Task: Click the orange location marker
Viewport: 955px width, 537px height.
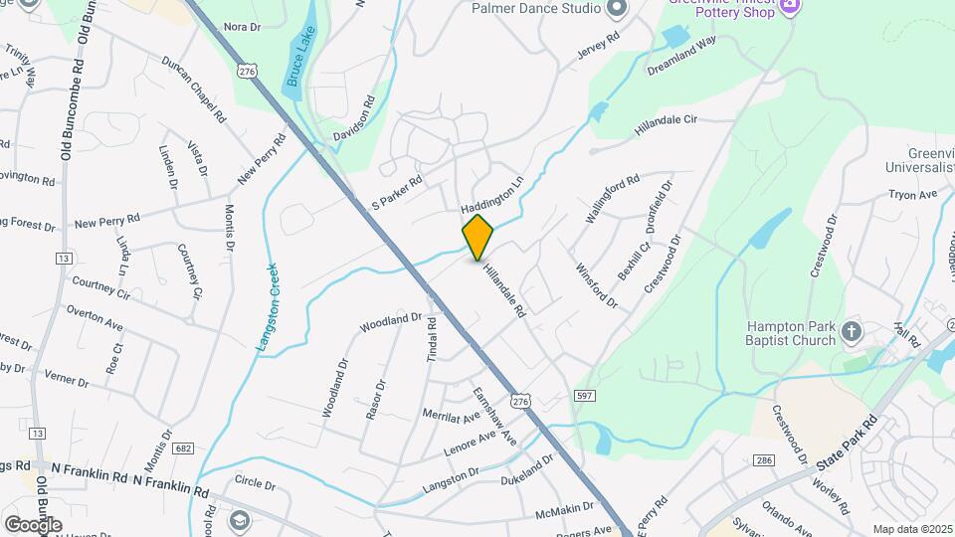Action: [477, 237]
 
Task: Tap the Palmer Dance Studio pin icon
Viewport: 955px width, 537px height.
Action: [617, 9]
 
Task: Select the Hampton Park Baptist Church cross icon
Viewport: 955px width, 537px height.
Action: [851, 331]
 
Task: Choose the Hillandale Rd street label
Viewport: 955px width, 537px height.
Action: [504, 289]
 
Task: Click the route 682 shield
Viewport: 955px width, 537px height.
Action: [183, 448]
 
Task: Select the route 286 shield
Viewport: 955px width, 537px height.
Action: [764, 460]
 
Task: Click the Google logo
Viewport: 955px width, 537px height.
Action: [32, 524]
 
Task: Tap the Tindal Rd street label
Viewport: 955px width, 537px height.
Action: [432, 339]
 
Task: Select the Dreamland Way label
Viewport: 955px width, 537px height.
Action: [681, 58]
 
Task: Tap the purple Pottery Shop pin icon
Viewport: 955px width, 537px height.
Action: [790, 5]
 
